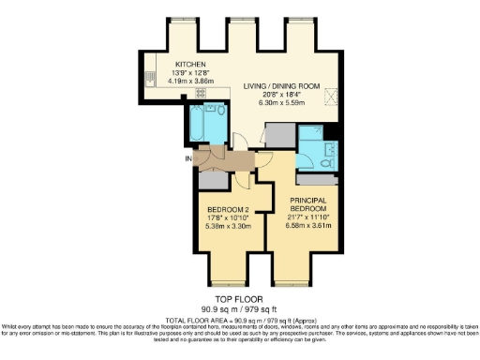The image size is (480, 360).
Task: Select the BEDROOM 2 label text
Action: pos(228,209)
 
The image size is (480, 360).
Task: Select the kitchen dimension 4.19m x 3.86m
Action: pos(187,81)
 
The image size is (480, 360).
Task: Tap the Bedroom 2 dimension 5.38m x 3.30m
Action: pos(228,226)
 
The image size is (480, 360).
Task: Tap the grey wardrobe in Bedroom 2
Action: pos(209,180)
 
